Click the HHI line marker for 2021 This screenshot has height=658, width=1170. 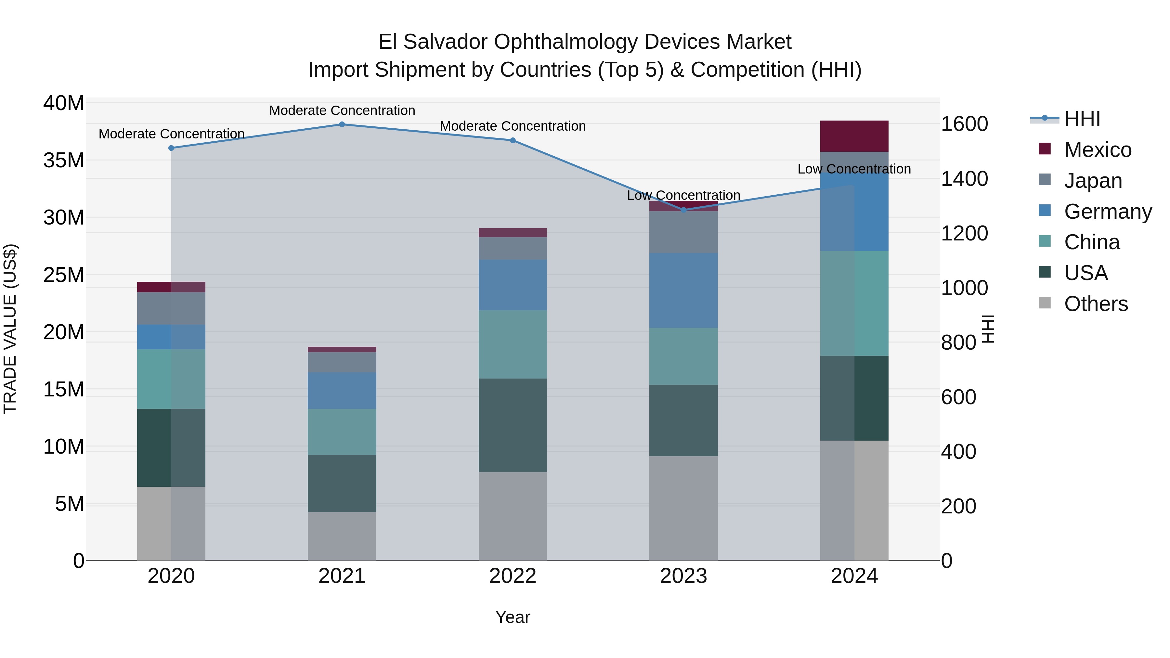pos(342,124)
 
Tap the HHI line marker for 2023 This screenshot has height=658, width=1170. pos(683,210)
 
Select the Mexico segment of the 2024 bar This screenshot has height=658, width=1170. pos(854,136)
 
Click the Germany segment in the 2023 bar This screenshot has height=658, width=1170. pos(683,290)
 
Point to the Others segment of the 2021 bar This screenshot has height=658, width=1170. pos(342,536)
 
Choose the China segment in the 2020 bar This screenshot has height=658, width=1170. pos(171,379)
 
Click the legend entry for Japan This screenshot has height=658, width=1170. pos(1092,181)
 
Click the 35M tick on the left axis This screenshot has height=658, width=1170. pos(64,160)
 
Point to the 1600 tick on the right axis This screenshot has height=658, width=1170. pos(964,124)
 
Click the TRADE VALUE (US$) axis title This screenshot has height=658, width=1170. pos(10,329)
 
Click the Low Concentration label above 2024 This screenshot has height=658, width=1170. pos(854,169)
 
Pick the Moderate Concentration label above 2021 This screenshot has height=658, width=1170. pos(342,110)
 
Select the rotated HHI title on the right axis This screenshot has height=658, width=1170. pos(988,329)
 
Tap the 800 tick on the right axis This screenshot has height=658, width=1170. pos(958,342)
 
